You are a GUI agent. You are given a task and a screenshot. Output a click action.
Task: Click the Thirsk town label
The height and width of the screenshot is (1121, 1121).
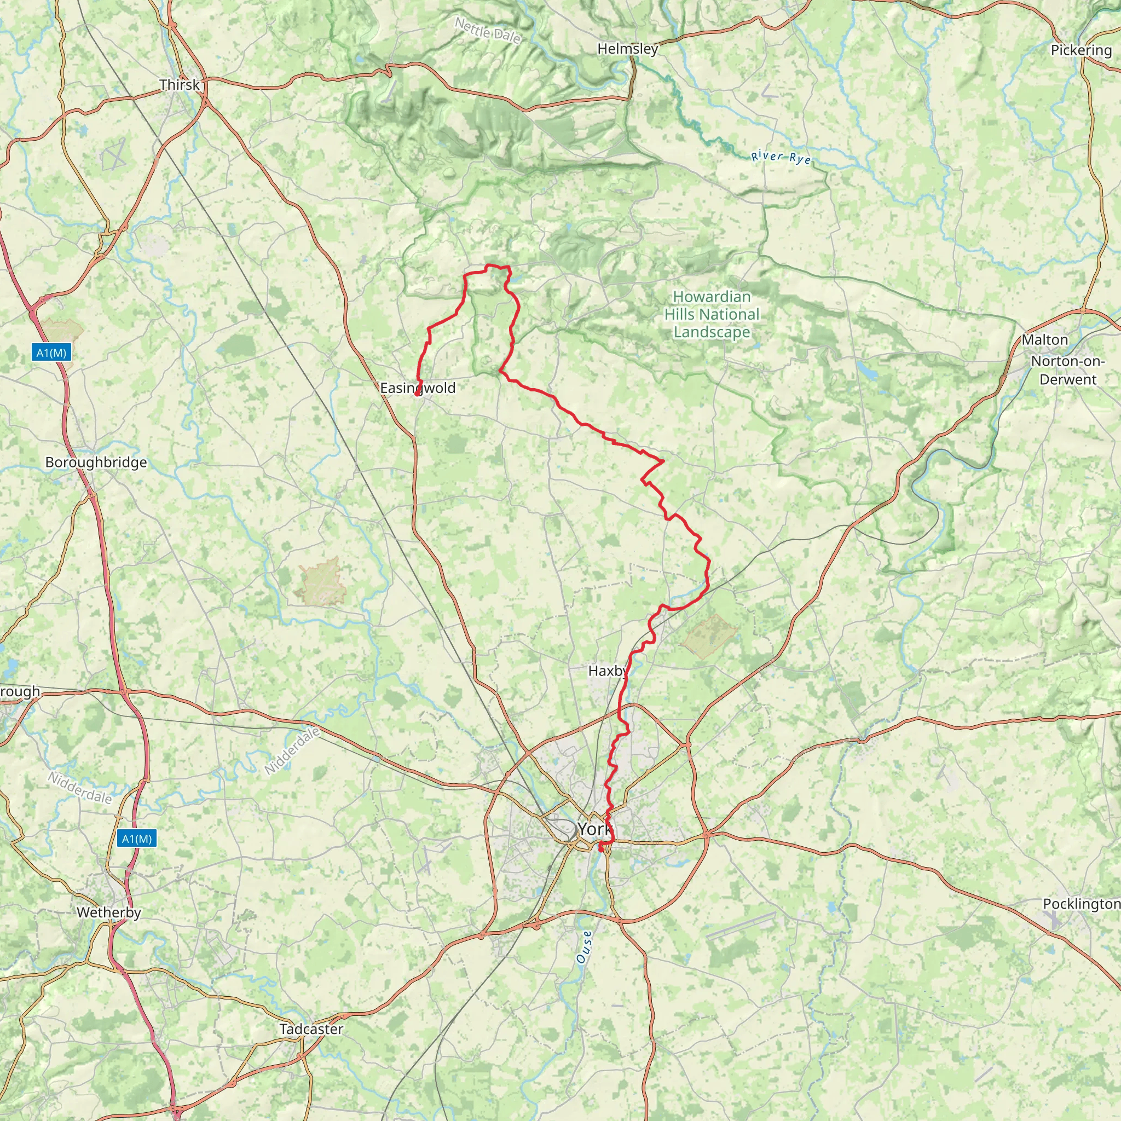coord(180,85)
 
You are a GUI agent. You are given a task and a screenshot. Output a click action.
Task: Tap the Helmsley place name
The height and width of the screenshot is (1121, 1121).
coord(628,49)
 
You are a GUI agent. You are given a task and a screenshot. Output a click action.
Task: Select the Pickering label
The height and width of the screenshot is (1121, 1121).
coord(1081,50)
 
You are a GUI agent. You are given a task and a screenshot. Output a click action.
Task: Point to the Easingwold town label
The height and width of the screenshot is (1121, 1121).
coord(418,388)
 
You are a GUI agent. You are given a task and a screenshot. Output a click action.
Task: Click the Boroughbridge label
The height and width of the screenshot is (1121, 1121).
coord(96,463)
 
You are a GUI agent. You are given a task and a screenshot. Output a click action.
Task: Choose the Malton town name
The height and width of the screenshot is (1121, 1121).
coord(1044,340)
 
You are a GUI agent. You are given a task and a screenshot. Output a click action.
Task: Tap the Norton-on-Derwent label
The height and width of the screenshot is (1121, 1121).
coord(1067,370)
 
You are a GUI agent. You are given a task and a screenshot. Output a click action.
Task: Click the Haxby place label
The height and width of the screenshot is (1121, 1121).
coord(608,671)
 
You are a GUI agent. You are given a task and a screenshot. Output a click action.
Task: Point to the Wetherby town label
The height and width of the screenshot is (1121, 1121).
coord(109,912)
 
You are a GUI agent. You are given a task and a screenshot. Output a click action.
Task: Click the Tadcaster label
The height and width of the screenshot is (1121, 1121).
coord(311,1030)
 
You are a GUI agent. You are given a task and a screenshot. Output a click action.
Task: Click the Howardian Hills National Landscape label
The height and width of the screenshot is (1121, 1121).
coord(712,315)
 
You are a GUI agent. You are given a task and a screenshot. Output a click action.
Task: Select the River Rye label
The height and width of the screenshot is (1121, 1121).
coord(781,157)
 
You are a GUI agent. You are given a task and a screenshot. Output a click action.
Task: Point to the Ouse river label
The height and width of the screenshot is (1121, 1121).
coord(584,947)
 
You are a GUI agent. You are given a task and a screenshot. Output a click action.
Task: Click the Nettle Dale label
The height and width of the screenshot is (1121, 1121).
coord(487,30)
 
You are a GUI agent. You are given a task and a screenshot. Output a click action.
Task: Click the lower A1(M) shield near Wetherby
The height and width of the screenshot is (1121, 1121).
coord(137,839)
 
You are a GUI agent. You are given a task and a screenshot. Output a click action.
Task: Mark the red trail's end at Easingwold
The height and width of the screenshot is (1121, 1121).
coord(418,394)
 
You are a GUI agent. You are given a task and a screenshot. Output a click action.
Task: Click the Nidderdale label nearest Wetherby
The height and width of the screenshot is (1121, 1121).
coord(80,787)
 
